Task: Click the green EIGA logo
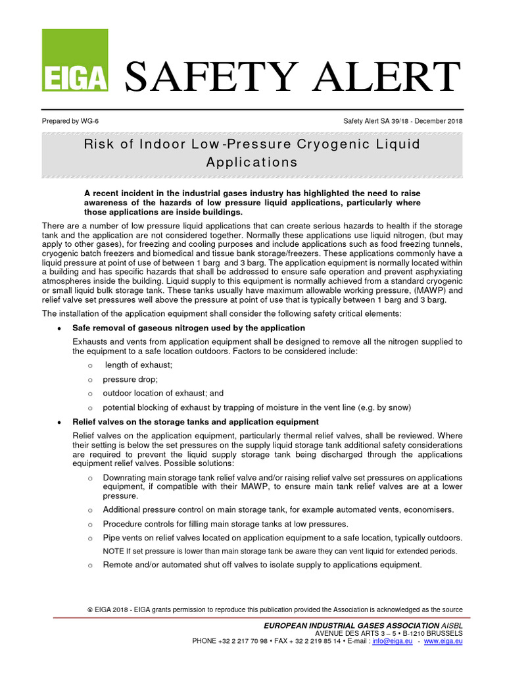coord(74,61)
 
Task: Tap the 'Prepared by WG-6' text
coord(71,121)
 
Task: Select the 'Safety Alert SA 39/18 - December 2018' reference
coord(403,121)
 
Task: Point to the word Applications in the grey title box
coord(252,162)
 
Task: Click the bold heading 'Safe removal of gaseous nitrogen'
coord(188,328)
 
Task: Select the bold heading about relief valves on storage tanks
coord(195,422)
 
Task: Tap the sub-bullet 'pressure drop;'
coord(130,380)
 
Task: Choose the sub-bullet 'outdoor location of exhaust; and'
coord(163,394)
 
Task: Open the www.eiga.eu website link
coord(444,640)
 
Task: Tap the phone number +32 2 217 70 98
coord(243,640)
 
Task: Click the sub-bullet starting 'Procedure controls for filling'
coord(226,524)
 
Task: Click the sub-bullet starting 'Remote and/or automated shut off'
coord(262,565)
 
